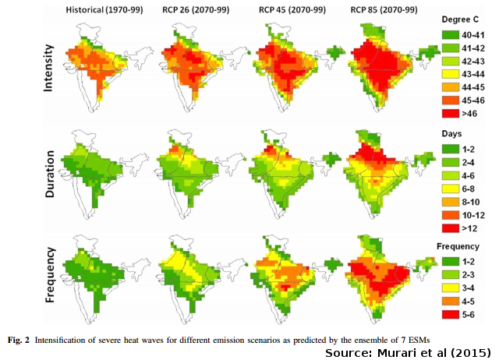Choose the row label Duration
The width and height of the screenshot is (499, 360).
[x=48, y=167]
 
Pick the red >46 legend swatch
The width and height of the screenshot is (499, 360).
[x=446, y=113]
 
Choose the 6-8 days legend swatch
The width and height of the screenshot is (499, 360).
[x=446, y=187]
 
